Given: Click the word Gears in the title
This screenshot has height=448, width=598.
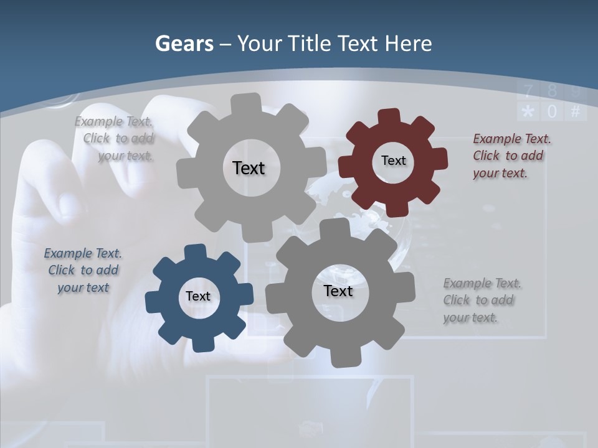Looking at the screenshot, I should click(x=184, y=44).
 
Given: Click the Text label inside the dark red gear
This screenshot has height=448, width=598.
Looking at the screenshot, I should click(x=393, y=161).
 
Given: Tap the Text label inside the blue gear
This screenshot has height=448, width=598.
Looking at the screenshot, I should click(x=198, y=296).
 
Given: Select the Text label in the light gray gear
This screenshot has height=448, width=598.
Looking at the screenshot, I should click(x=249, y=168).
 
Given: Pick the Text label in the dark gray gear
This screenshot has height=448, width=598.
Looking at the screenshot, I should click(x=338, y=291).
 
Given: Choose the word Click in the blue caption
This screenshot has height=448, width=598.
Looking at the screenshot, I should click(x=62, y=270).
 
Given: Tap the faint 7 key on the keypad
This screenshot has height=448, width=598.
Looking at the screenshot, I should click(x=528, y=91).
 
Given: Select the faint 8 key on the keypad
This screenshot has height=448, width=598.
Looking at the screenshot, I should click(x=552, y=91).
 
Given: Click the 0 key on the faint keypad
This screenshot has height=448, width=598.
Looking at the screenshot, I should click(x=552, y=112).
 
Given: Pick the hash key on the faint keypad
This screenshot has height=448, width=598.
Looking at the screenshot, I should click(x=575, y=112).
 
